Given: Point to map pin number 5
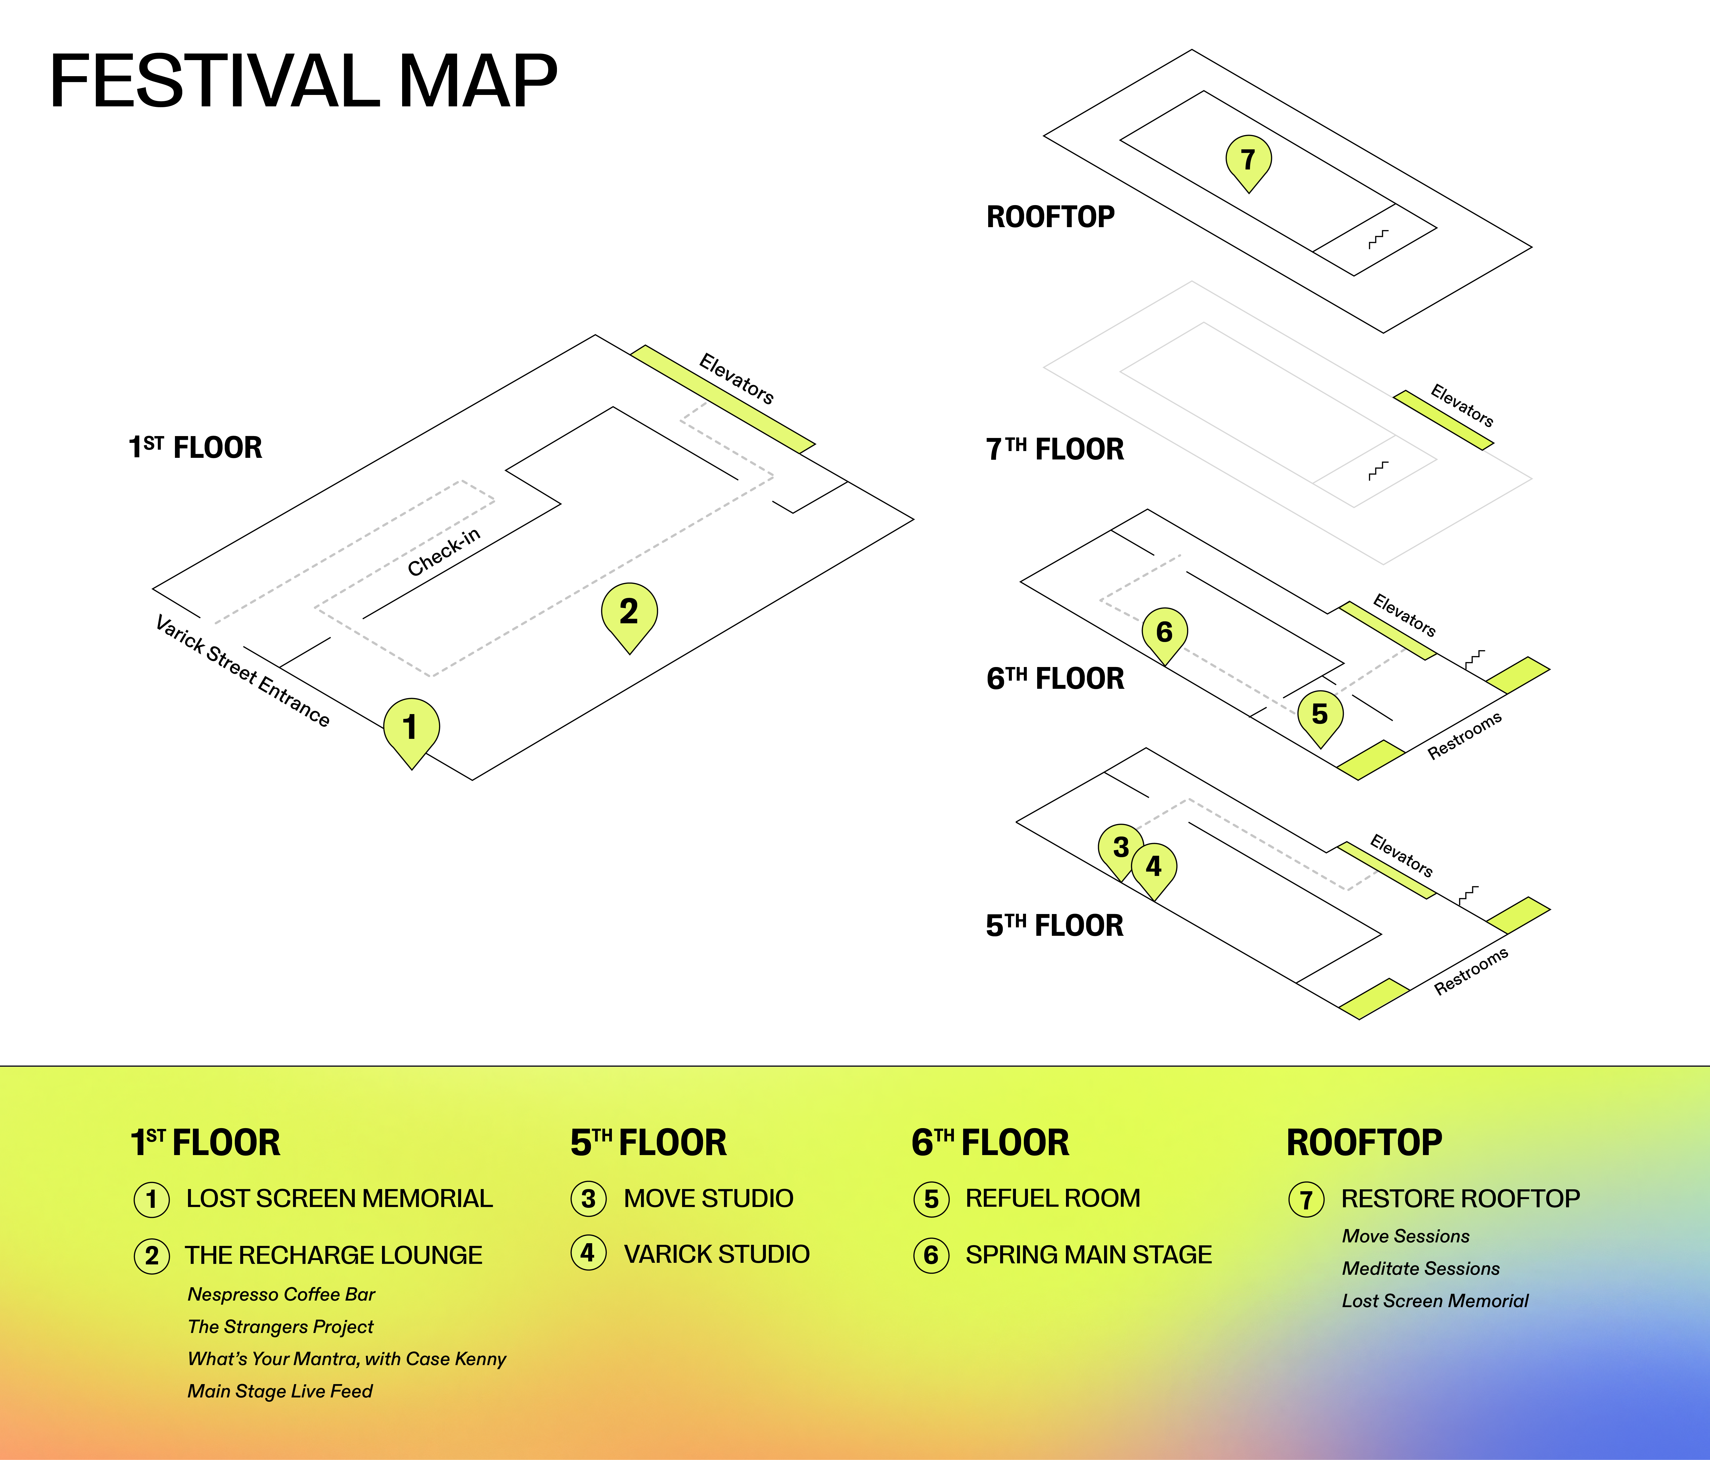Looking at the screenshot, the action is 1320,714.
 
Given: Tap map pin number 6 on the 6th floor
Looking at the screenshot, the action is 1164,632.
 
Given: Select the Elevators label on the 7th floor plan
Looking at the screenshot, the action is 1462,405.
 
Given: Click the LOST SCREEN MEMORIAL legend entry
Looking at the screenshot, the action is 339,1198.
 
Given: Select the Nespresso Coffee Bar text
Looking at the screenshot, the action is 281,1294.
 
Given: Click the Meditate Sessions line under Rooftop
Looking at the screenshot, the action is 1420,1268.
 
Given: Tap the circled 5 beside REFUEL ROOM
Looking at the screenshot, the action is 931,1199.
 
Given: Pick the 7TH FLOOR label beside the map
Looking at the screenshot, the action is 1055,450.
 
